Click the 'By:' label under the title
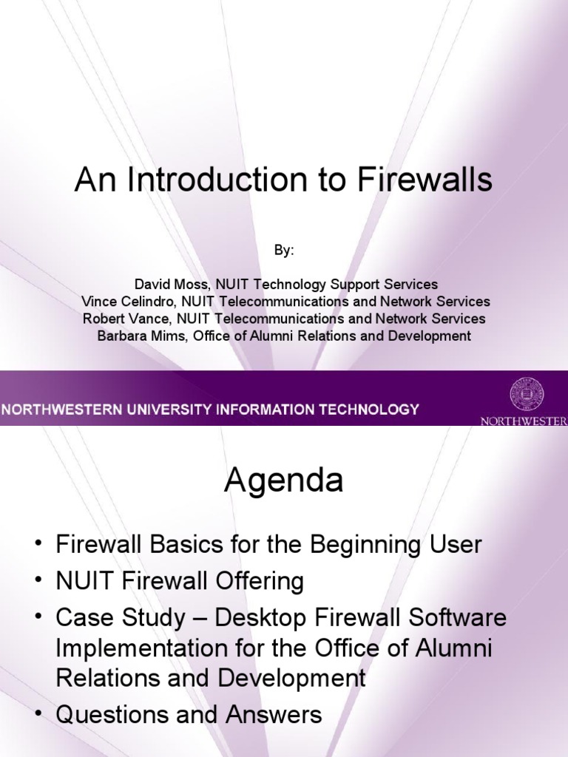(284, 251)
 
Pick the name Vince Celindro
(122, 302)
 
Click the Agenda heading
(284, 482)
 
